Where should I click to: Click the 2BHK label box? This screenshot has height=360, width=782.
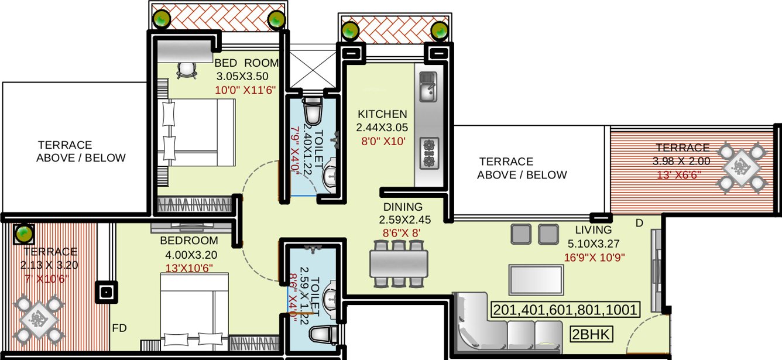591,334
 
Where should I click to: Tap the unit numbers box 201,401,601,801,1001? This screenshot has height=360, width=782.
565,310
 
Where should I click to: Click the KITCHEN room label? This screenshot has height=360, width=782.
382,114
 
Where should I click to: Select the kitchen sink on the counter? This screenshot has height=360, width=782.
427,87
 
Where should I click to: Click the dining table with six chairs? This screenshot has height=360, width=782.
398,263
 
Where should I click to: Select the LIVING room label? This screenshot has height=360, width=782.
593,230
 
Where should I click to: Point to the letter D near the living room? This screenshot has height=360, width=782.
639,223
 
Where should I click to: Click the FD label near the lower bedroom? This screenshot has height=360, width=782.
119,328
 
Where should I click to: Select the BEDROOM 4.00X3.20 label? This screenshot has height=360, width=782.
189,241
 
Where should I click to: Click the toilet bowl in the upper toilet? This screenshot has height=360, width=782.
313,109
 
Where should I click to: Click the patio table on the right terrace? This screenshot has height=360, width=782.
741,167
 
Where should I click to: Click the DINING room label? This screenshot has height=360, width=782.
403,207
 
